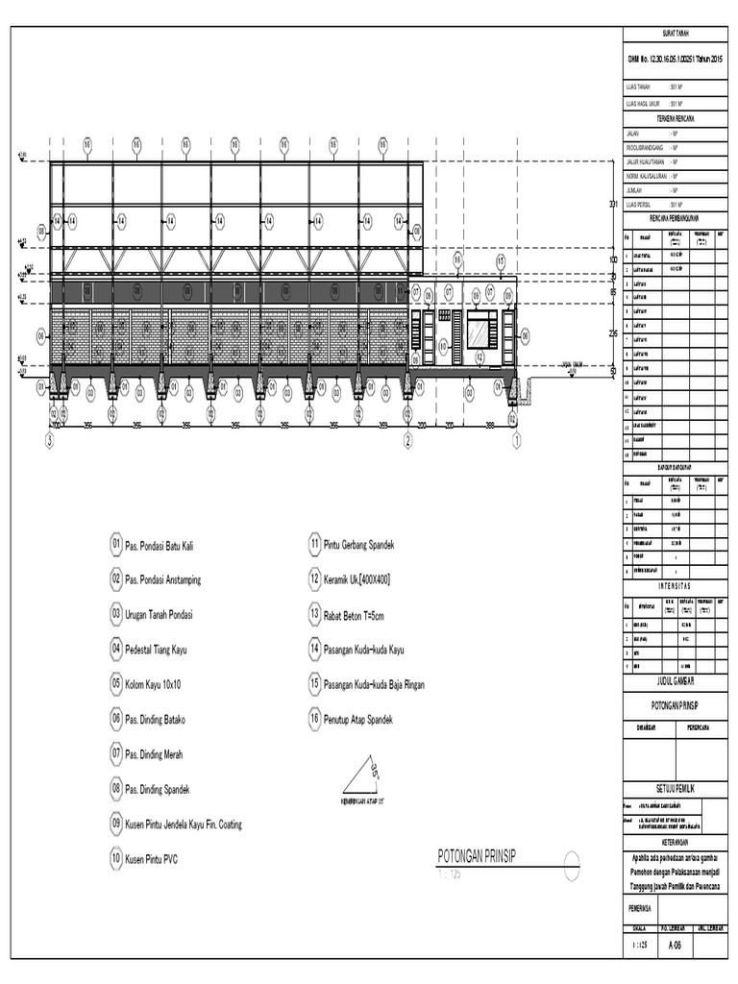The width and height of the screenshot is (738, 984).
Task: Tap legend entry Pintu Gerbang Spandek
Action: (359, 545)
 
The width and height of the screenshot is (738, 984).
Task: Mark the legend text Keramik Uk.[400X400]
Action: (357, 579)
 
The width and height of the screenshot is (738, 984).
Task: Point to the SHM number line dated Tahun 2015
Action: (675, 60)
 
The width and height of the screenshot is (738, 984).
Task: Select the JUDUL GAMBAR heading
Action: (675, 680)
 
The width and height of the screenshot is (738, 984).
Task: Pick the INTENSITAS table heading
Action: (675, 584)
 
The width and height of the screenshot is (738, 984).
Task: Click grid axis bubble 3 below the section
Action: (50, 441)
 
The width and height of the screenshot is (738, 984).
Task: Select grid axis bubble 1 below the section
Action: (516, 441)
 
